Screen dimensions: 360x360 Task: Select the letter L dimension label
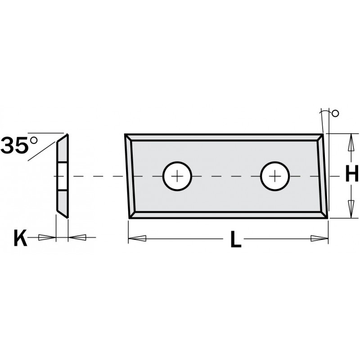[x=235, y=241]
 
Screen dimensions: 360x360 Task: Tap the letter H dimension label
[x=351, y=175]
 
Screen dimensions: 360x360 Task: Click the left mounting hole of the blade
[x=178, y=176]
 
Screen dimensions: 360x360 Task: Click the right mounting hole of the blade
[x=275, y=176]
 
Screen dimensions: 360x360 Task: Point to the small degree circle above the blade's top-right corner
[x=335, y=113]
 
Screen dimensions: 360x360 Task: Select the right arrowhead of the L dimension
[x=321, y=237]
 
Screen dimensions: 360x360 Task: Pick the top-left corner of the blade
[x=126, y=135]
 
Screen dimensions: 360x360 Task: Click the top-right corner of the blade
[x=324, y=134]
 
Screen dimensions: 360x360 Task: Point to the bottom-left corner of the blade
[x=130, y=218]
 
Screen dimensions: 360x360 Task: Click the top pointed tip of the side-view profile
[x=67, y=135]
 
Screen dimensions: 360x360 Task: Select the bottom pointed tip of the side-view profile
[x=67, y=218]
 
